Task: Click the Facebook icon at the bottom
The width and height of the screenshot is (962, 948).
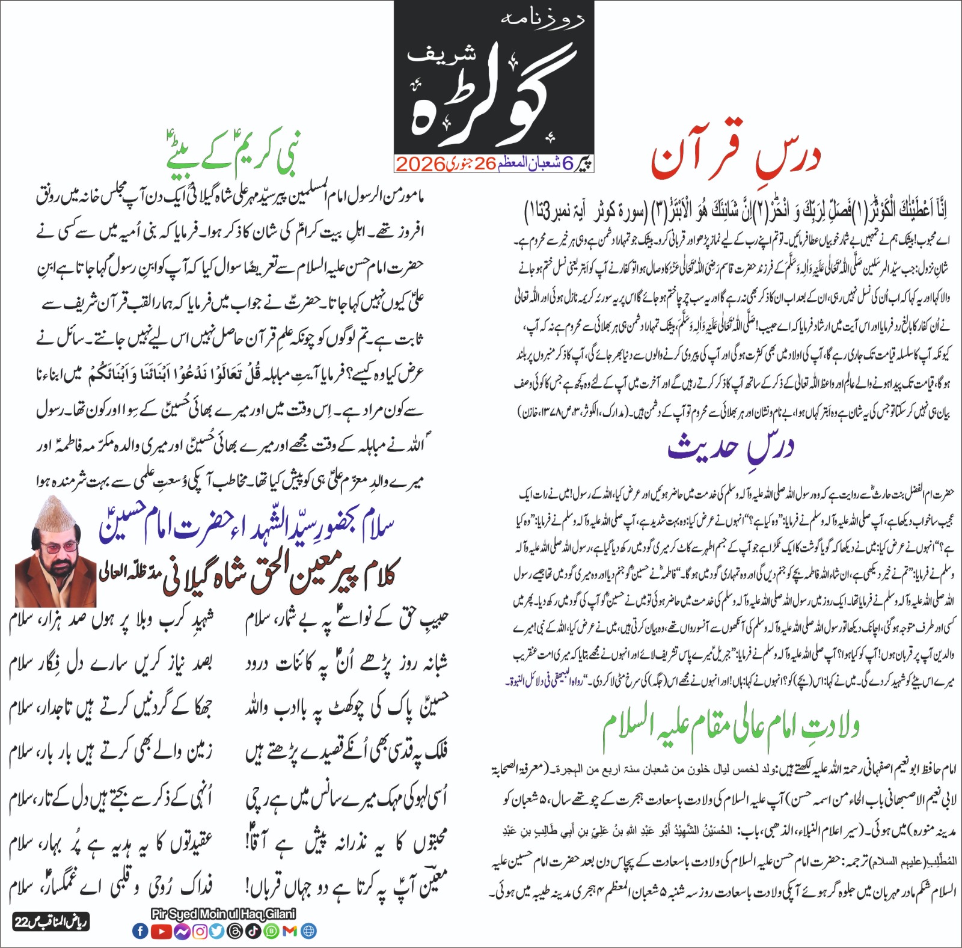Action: click(139, 931)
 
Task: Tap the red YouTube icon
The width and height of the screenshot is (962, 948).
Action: click(161, 931)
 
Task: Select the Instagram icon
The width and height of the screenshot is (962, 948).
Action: click(200, 931)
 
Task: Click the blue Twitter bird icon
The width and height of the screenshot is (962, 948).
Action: click(217, 931)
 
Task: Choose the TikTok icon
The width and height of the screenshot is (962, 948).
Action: click(253, 931)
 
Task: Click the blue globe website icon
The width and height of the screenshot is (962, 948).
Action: click(309, 931)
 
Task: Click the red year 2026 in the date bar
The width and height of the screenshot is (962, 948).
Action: click(420, 164)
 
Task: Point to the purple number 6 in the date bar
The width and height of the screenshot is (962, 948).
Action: click(568, 164)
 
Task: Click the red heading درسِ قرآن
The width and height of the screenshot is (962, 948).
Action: click(735, 157)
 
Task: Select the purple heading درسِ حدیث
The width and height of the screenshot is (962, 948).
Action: click(731, 448)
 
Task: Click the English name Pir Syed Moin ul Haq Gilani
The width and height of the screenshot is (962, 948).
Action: click(223, 914)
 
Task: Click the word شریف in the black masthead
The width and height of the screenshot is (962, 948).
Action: click(442, 54)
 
